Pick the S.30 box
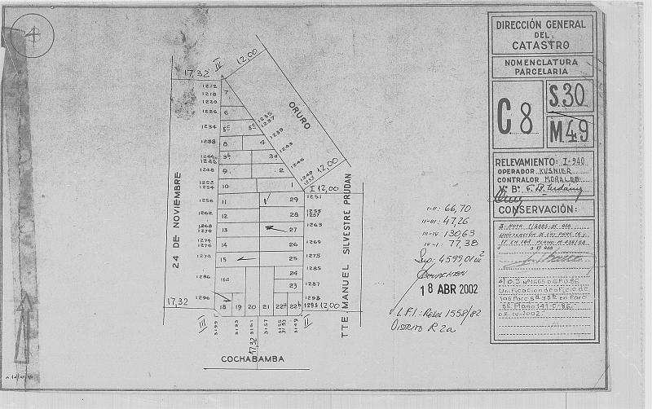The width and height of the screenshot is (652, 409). (x=569, y=96)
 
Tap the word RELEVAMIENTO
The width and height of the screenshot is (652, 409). (x=525, y=162)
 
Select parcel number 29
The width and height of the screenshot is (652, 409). (x=293, y=200)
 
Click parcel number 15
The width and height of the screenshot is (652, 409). (x=223, y=259)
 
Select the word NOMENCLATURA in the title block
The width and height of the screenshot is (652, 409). (x=542, y=62)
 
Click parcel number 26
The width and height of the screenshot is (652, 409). (x=293, y=244)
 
